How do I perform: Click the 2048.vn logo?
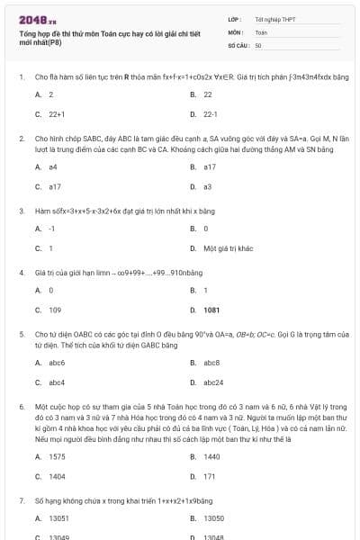pyautogui.click(x=36, y=20)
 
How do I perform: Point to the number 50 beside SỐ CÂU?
pyautogui.click(x=258, y=44)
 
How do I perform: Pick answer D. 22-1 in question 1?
pyautogui.click(x=210, y=114)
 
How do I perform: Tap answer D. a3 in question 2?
pyautogui.click(x=207, y=186)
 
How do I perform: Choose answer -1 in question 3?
pyautogui.click(x=51, y=229)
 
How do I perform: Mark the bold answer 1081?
pyautogui.click(x=211, y=310)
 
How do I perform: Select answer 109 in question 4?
pyautogui.click(x=55, y=310)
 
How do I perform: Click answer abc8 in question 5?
pyautogui.click(x=211, y=362)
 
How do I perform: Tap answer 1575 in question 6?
pyautogui.click(x=57, y=456)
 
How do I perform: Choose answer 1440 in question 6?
pyautogui.click(x=211, y=456)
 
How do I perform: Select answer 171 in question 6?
pyautogui.click(x=209, y=476)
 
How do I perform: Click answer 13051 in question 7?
pyautogui.click(x=58, y=518)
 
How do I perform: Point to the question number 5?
pyautogui.click(x=22, y=333)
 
